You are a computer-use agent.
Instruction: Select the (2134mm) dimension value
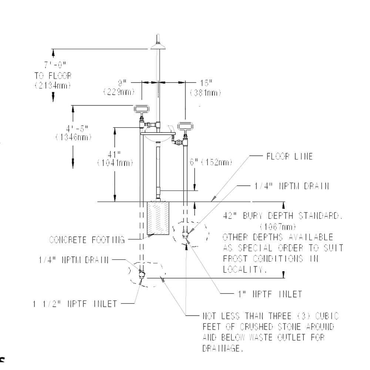coord(53,85)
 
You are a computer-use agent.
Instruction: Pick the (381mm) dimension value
coord(205,92)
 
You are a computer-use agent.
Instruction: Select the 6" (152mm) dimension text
coord(211,162)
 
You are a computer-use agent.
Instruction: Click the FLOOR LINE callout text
coord(289,157)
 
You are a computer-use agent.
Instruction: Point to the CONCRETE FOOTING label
coord(87,240)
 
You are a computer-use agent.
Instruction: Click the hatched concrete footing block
coord(158,218)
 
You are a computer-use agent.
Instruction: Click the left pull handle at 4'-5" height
coord(141,109)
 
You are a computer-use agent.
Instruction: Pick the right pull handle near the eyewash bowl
coord(185,126)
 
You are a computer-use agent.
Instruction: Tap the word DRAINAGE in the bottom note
coord(223,349)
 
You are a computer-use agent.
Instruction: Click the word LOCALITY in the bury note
coord(245,270)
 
